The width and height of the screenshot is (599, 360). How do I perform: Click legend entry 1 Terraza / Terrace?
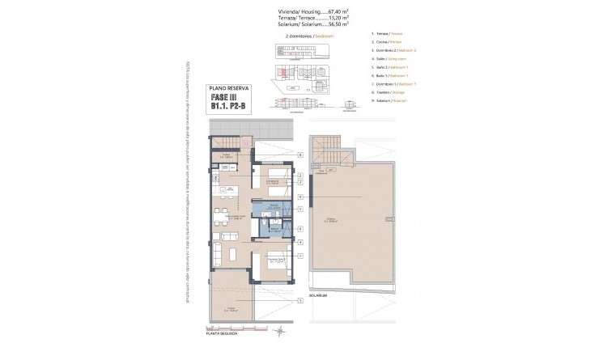[x=389, y=34]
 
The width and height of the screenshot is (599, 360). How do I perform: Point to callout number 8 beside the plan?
[x=299, y=155]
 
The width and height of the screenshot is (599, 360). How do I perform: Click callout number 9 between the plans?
[x=299, y=197]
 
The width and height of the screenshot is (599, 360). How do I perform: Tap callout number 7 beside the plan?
[x=299, y=256]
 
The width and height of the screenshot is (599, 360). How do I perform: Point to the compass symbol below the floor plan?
[x=279, y=330]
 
